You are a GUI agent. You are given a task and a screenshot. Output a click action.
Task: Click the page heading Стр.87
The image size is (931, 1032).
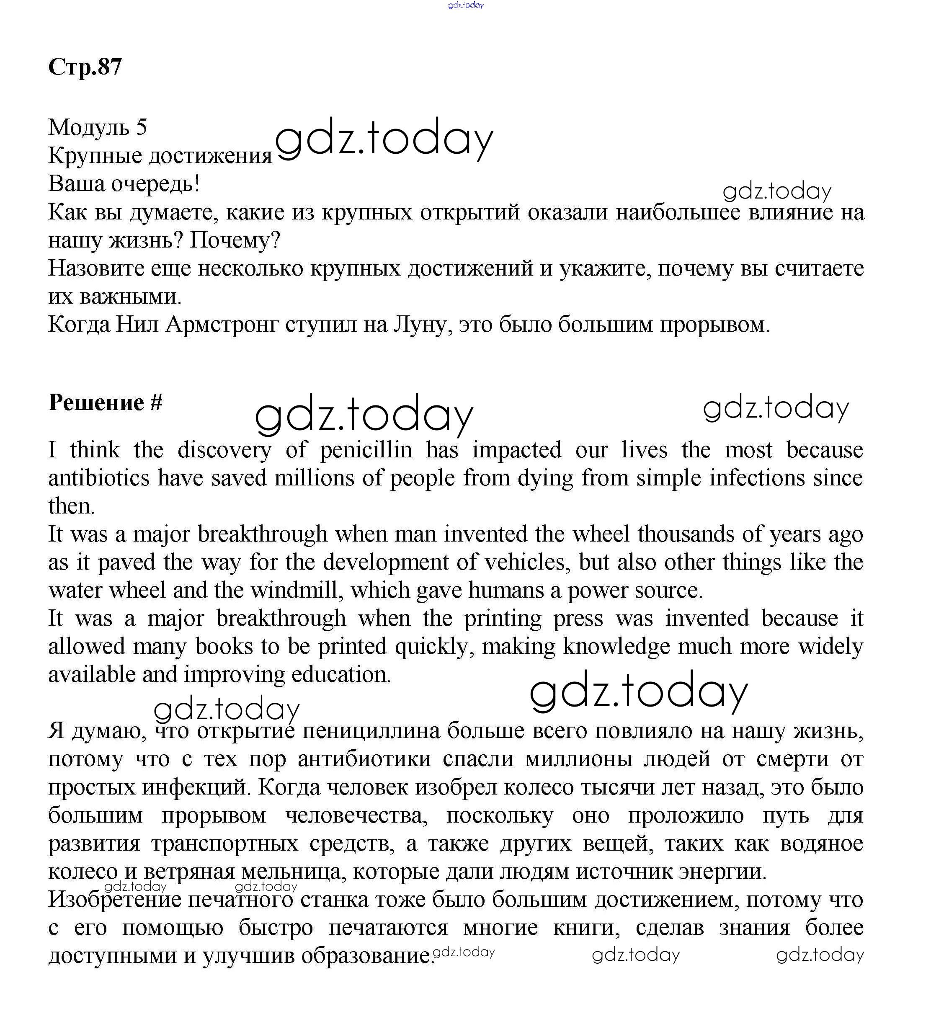click(x=85, y=67)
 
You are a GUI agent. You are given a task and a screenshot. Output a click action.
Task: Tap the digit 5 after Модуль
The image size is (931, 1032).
click(x=142, y=127)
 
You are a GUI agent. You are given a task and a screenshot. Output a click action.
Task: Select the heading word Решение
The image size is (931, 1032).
click(x=96, y=402)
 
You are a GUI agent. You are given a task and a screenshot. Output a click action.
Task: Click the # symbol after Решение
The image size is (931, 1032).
click(x=157, y=402)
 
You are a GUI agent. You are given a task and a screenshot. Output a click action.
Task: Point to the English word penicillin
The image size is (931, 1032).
click(x=366, y=450)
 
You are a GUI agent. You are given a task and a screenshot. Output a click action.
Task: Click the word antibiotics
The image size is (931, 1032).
click(x=99, y=478)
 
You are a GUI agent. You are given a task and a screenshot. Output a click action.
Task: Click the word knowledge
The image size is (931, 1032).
click(x=616, y=647)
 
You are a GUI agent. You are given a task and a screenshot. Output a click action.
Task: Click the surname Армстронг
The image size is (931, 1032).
click(x=222, y=325)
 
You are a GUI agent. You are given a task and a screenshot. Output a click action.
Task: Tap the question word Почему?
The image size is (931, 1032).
click(x=235, y=240)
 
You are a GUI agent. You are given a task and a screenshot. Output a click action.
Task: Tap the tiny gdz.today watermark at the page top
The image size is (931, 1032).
click(x=466, y=5)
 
